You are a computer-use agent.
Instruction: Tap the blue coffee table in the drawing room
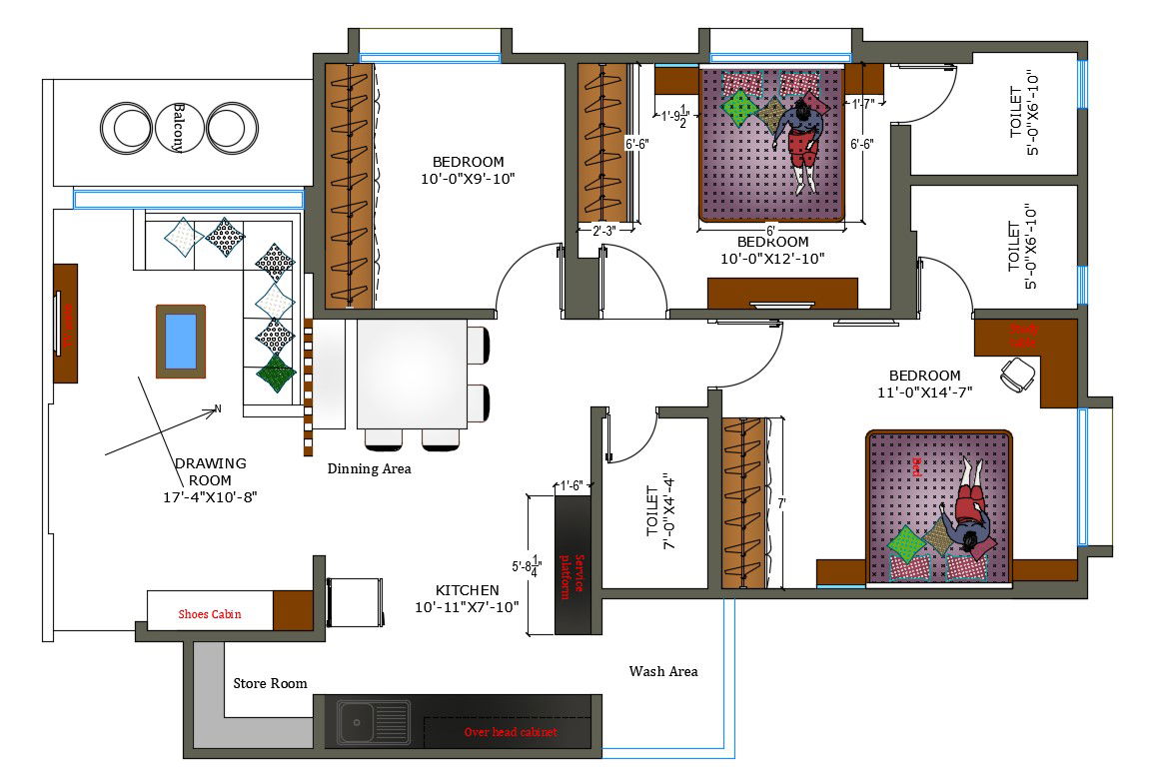(181, 341)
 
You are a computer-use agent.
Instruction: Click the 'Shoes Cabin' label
(210, 613)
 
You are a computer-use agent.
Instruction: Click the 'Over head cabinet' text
(511, 732)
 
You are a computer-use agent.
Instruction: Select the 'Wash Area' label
(663, 671)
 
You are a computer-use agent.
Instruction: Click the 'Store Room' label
(270, 683)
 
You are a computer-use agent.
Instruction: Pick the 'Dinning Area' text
(369, 467)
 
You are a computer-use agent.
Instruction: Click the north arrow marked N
(216, 407)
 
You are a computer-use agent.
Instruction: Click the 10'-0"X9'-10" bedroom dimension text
(468, 179)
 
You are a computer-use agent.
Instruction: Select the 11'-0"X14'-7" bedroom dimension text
(924, 392)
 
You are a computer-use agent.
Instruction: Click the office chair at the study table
(1018, 375)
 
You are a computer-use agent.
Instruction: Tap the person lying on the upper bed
(800, 146)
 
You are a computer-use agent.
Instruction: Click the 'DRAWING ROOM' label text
(210, 479)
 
